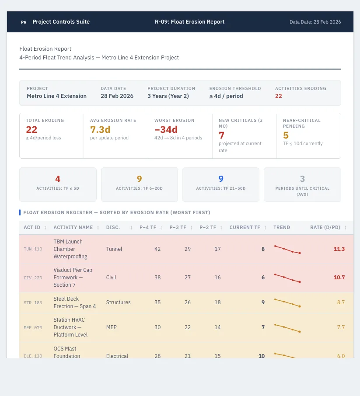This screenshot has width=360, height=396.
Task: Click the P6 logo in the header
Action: (24, 22)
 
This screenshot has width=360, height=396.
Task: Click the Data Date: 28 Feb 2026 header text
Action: (315, 22)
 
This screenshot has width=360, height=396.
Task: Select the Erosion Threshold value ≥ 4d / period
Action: (226, 96)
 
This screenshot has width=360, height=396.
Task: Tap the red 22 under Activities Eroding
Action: (278, 96)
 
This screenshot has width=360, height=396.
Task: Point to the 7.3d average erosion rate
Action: (100, 129)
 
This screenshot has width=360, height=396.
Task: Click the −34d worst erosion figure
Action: (166, 129)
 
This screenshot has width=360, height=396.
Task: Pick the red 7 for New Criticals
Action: (221, 135)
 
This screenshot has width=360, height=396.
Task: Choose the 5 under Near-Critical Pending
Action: (286, 135)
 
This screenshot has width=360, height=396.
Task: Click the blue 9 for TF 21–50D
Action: (221, 179)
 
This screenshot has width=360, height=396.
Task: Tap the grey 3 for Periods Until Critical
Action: (302, 179)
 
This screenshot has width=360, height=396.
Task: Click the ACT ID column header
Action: (32, 227)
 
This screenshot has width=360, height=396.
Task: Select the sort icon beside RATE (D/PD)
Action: (345, 228)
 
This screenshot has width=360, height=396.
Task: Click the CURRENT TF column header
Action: (245, 227)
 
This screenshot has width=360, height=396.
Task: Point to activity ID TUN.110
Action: (33, 249)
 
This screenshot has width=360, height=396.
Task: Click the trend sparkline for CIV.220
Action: (287, 278)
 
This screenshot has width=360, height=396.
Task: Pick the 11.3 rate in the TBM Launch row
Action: (339, 249)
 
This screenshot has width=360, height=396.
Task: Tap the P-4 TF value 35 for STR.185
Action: (157, 302)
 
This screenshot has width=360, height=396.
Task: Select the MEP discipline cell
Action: (111, 327)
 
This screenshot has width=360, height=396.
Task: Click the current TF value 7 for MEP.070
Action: (263, 327)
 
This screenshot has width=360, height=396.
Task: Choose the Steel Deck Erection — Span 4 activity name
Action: (74, 302)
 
